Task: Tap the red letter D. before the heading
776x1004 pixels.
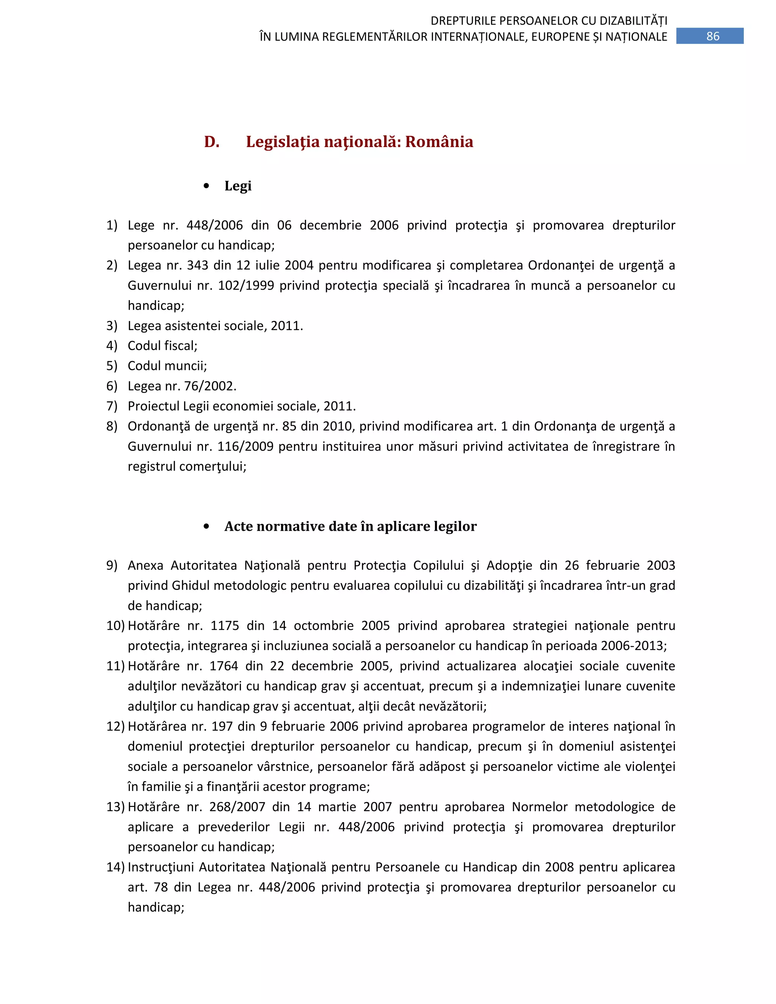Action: pos(211,142)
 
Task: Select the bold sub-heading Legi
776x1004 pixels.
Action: pos(238,186)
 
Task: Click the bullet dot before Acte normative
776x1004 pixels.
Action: pos(207,526)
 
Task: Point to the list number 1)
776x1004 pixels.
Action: pos(112,225)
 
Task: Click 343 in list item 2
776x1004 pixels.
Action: pos(197,265)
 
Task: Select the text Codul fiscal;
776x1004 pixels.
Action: pos(162,346)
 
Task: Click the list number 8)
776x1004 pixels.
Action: pos(112,426)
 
